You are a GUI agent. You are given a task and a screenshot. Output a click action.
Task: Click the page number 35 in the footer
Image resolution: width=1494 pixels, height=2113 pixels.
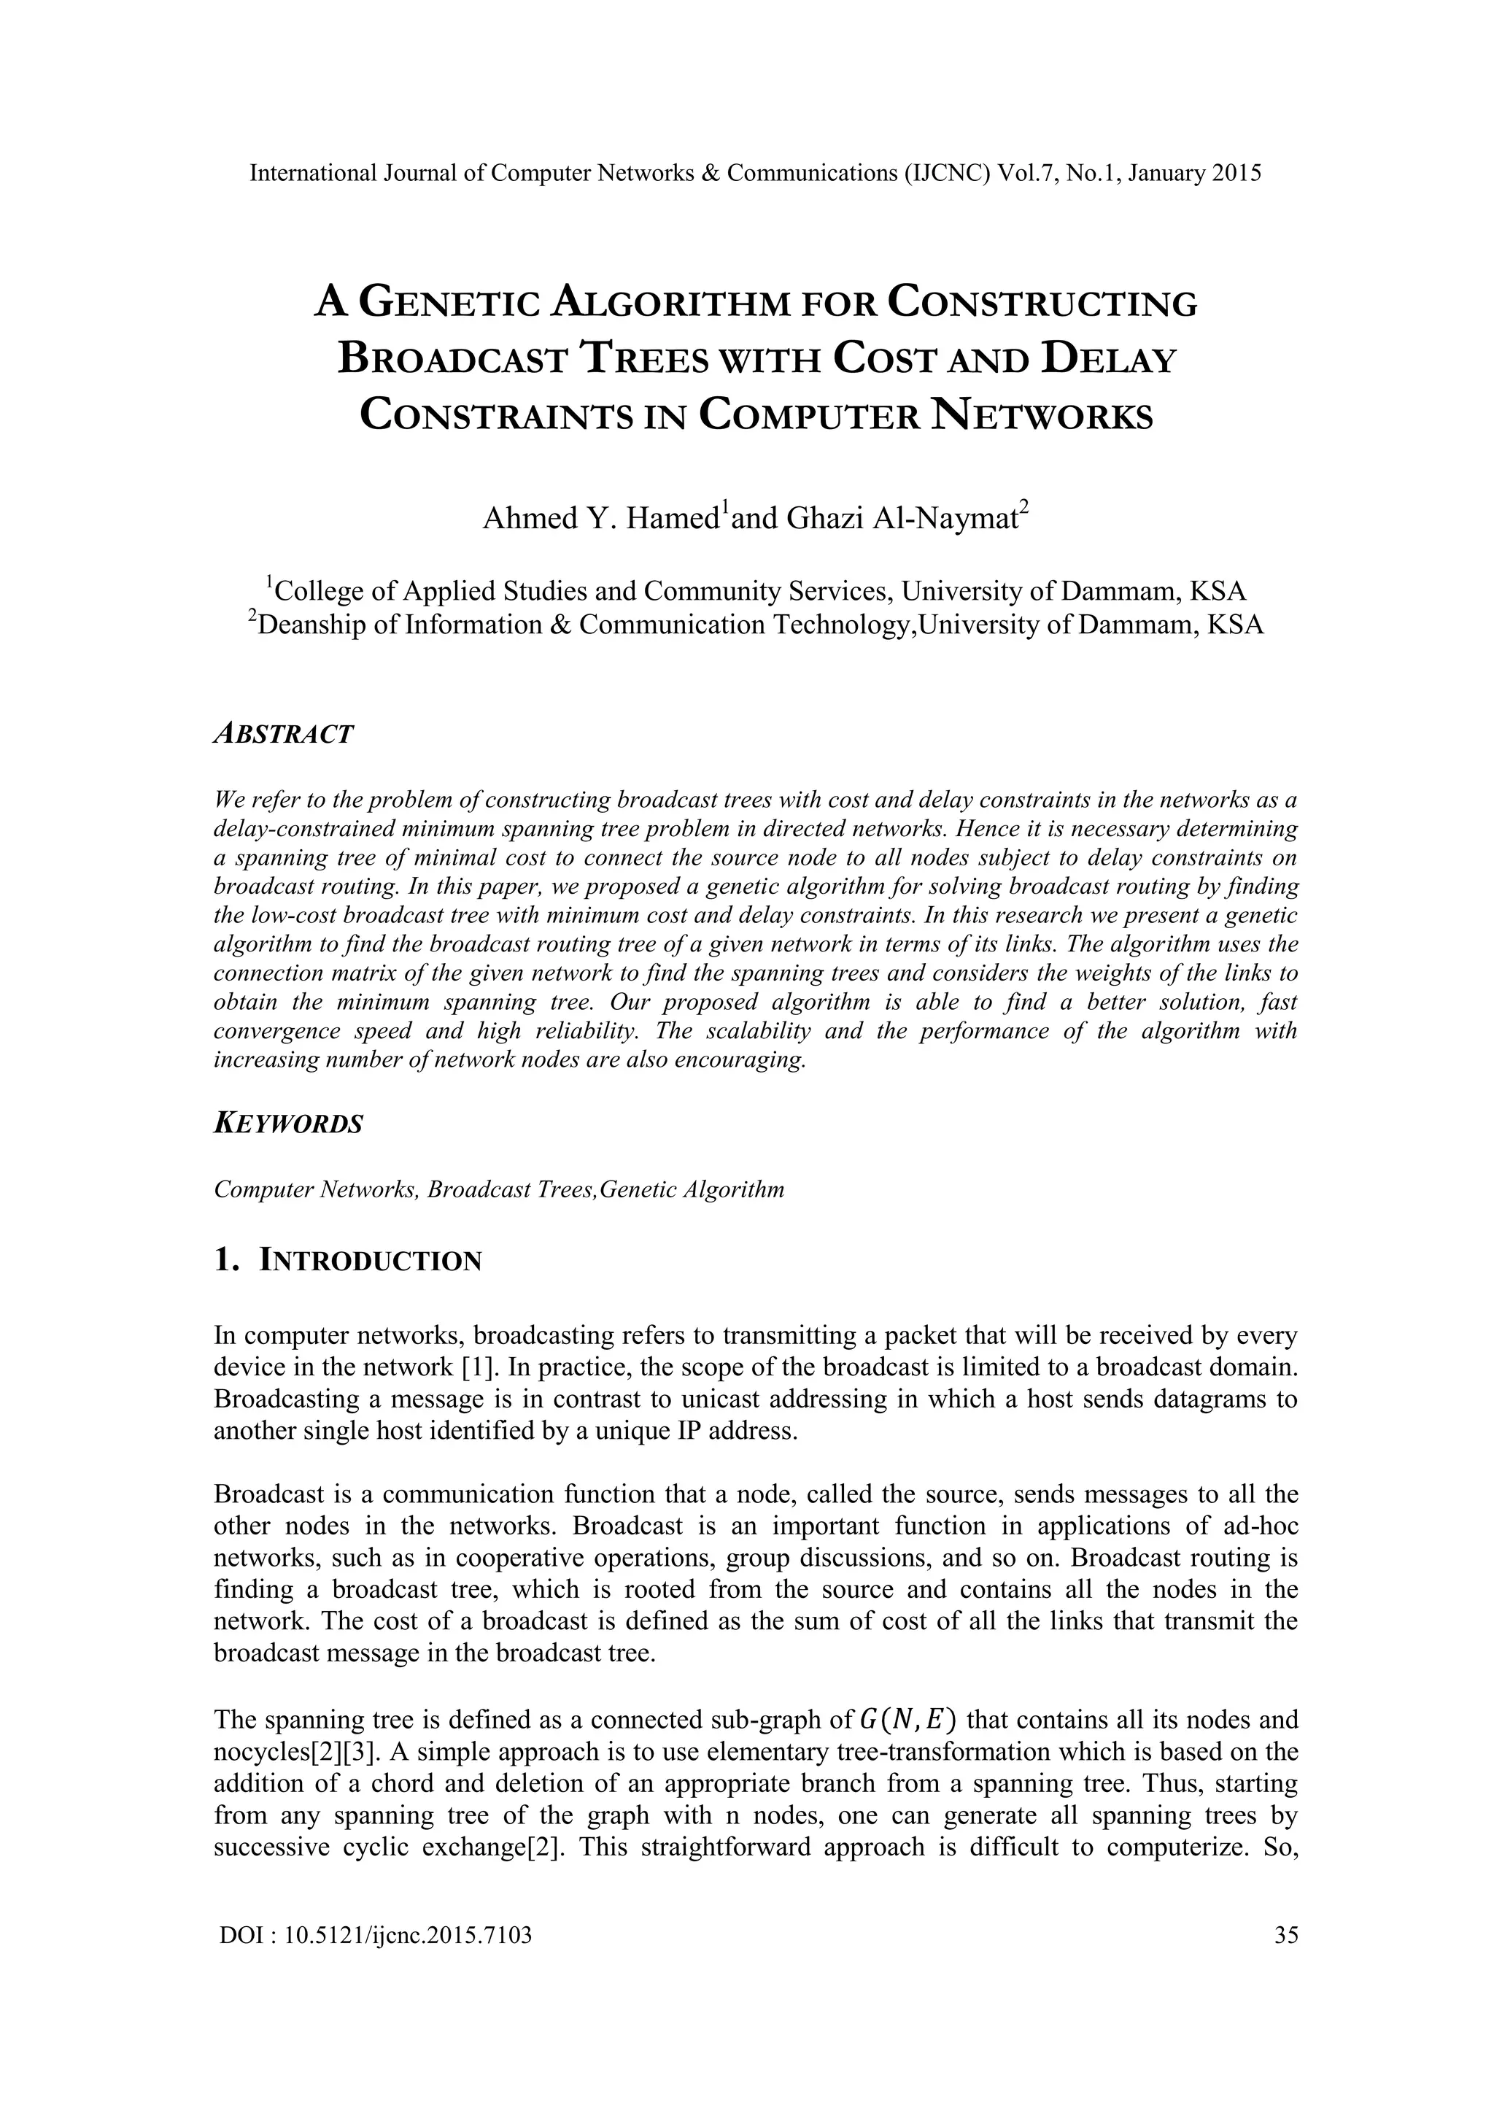click(1285, 1936)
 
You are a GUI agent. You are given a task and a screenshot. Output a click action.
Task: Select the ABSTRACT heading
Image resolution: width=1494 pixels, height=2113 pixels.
click(283, 735)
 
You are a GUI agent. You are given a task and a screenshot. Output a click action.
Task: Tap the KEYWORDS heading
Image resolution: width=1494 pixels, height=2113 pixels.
click(289, 1124)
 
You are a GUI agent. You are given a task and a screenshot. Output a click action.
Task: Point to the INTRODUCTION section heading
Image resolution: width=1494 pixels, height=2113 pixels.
click(370, 1261)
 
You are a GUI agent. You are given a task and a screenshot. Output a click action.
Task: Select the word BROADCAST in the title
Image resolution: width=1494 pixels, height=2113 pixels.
click(452, 359)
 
